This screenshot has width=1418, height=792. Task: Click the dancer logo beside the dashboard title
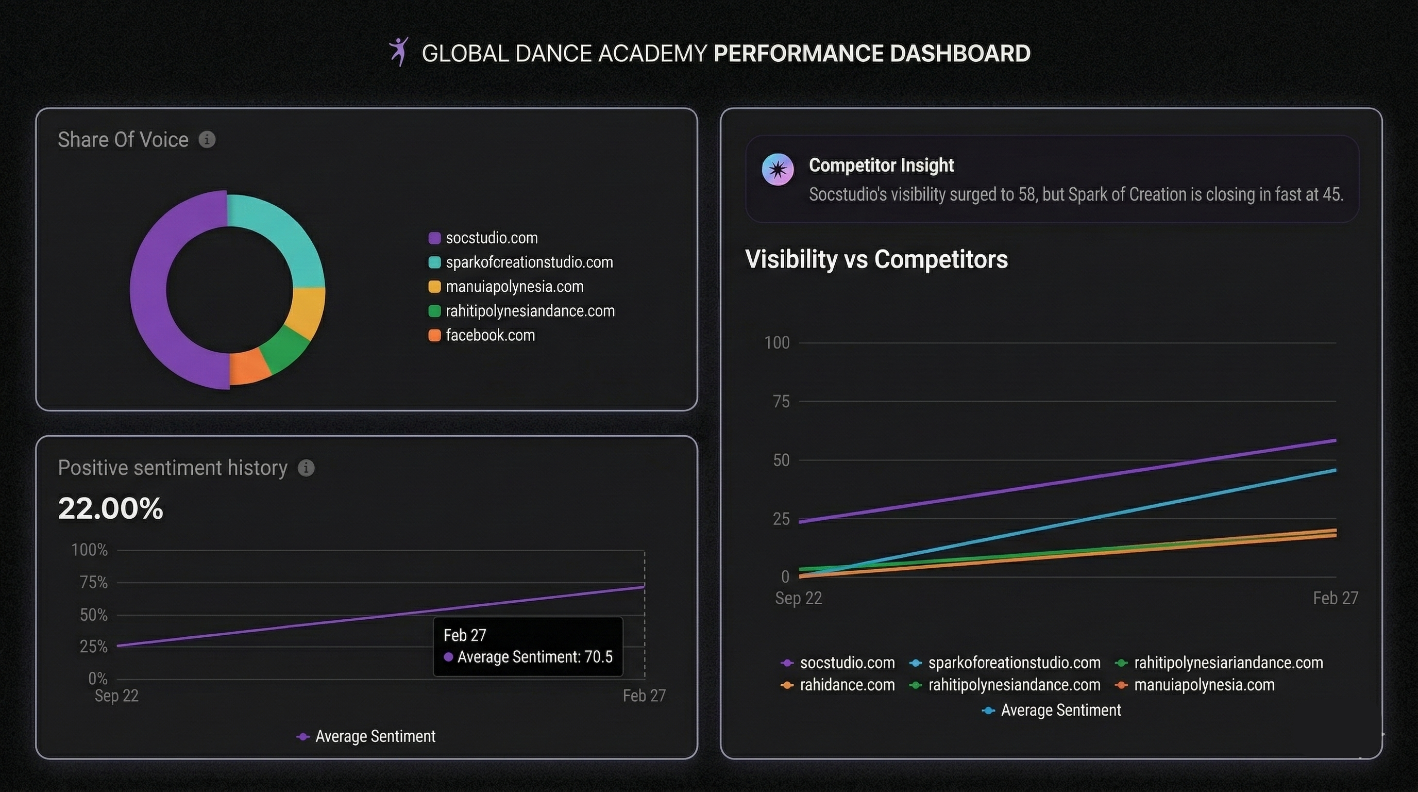tap(399, 52)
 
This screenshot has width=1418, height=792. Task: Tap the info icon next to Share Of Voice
tap(207, 140)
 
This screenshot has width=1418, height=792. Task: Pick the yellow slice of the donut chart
tap(308, 313)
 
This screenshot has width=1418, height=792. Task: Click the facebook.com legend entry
tap(489, 336)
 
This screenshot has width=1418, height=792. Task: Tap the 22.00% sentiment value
tap(111, 508)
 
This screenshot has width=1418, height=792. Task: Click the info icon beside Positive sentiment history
tap(306, 468)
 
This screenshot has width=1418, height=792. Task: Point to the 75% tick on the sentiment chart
tap(94, 583)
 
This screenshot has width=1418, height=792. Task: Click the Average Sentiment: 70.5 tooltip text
tap(534, 657)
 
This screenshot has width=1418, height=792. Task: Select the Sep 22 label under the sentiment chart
tap(116, 696)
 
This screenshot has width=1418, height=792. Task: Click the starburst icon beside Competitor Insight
tap(777, 170)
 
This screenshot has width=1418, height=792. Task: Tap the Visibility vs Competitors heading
tap(876, 259)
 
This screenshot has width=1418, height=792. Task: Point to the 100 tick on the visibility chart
tap(776, 343)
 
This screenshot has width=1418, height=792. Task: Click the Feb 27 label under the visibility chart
tap(1335, 598)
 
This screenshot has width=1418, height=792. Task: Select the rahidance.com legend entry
tap(847, 685)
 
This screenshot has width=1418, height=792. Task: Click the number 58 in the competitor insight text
tap(1026, 194)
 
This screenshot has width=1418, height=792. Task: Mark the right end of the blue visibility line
tap(1335, 470)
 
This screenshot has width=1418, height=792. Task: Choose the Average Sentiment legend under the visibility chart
tap(1060, 711)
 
